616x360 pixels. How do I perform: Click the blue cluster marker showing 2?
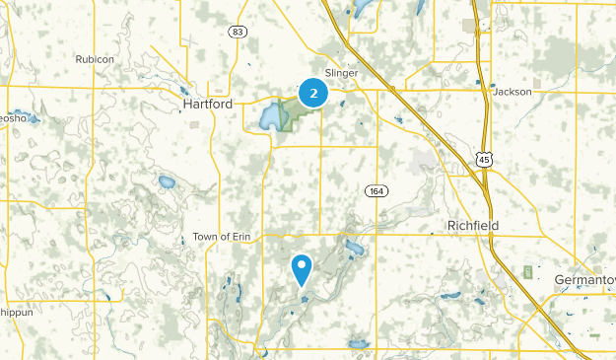tap(313, 94)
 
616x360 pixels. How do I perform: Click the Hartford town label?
tap(207, 103)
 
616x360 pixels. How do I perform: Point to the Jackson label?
tap(513, 92)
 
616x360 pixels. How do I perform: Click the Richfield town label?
tap(472, 226)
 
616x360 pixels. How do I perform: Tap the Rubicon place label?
tap(96, 59)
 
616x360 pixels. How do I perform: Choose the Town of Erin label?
tap(217, 237)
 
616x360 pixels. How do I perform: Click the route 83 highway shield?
tap(238, 32)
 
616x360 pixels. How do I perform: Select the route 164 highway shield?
tap(375, 190)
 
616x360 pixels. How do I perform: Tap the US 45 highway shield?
tap(483, 159)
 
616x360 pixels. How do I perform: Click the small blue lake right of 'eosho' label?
tap(33, 119)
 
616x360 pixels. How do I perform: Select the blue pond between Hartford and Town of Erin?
tap(166, 182)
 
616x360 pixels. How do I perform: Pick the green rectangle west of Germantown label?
tap(529, 271)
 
